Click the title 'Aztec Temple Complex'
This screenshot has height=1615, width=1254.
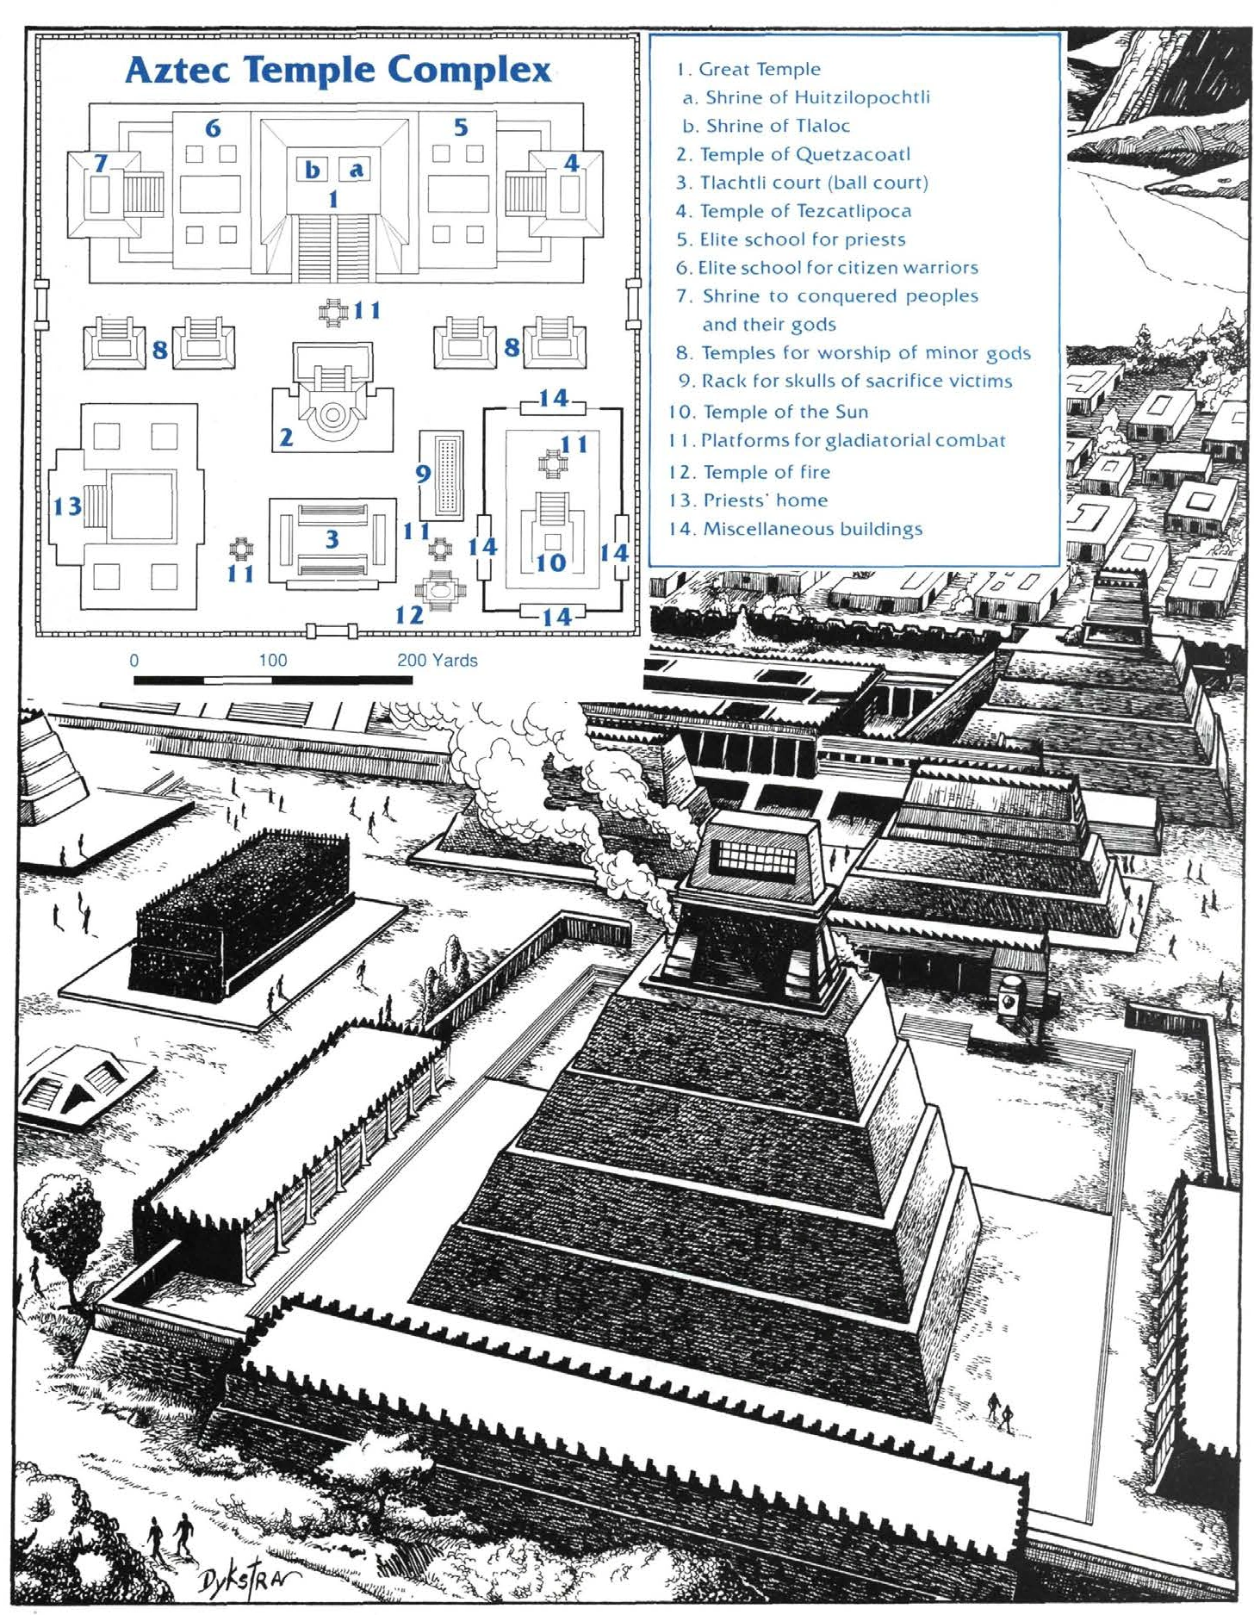click(338, 70)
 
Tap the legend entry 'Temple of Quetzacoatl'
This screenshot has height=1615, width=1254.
click(793, 154)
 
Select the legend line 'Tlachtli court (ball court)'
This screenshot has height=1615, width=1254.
click(802, 183)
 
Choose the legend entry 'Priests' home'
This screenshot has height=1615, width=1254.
click(748, 500)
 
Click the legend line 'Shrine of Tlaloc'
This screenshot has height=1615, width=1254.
click(767, 126)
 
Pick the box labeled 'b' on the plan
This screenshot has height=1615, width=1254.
click(312, 170)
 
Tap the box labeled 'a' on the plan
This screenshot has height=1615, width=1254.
click(355, 170)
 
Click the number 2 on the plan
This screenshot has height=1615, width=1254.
click(286, 438)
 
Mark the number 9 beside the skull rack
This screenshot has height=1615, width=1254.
click(423, 473)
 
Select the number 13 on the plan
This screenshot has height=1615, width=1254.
click(67, 506)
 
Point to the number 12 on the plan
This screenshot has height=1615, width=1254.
click(409, 614)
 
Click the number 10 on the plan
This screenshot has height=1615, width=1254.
click(550, 562)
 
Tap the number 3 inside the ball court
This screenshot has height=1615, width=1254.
click(332, 539)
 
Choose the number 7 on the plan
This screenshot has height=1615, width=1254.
click(101, 162)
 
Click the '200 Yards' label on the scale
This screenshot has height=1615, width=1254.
click(438, 661)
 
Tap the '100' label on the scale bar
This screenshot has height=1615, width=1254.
click(273, 661)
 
